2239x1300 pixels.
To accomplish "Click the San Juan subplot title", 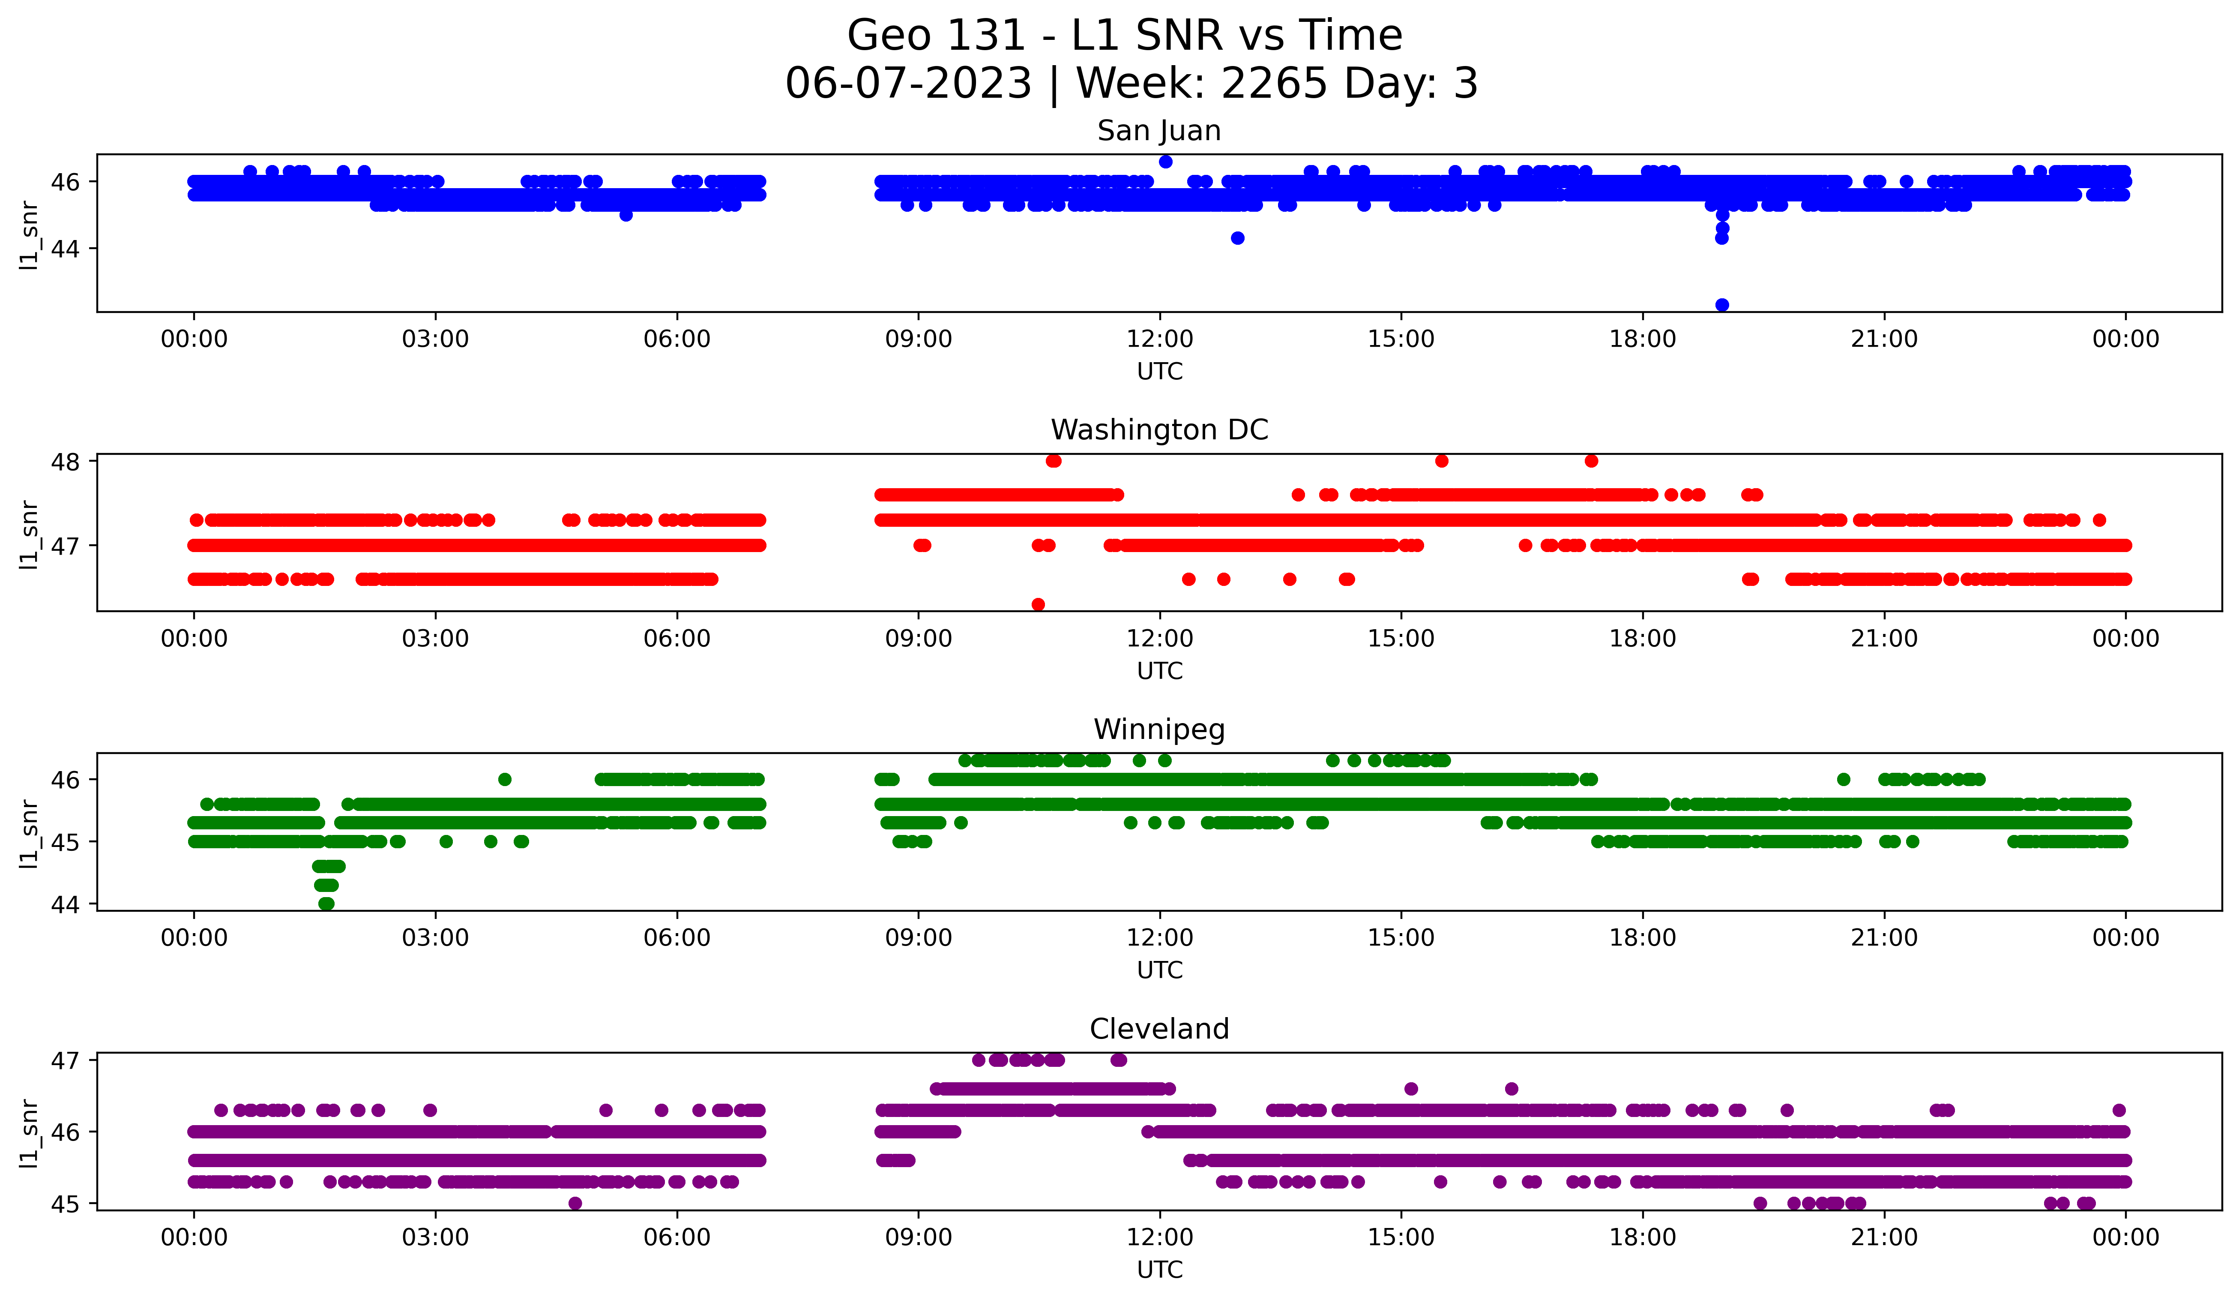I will point(1158,131).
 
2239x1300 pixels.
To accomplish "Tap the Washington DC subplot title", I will point(1158,430).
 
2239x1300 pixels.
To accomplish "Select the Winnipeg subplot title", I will point(1158,730).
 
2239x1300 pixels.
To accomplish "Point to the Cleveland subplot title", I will point(1158,1029).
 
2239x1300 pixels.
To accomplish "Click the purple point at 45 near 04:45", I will point(575,1203).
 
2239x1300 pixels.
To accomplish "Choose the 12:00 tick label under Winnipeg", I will point(1159,937).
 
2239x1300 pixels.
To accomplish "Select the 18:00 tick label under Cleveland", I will point(1642,1237).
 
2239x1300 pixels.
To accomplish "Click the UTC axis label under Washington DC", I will point(1159,671).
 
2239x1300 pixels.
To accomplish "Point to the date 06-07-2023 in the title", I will point(908,84).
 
